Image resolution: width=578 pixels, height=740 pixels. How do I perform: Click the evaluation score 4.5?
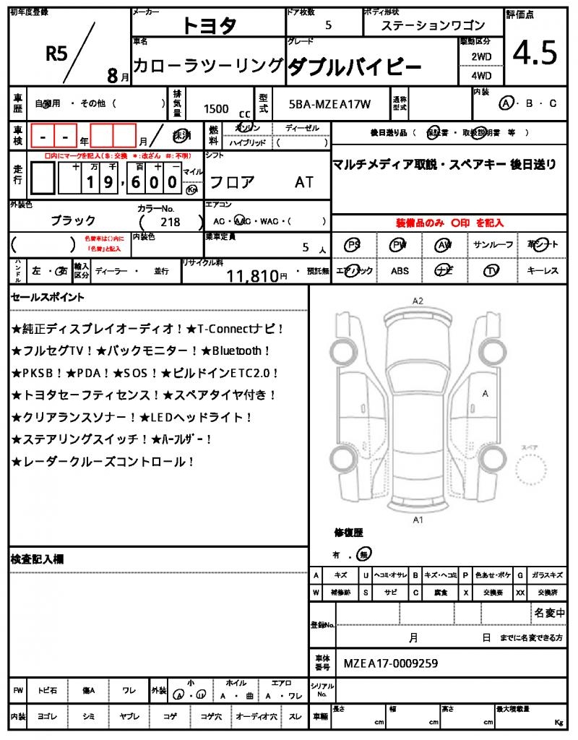point(535,52)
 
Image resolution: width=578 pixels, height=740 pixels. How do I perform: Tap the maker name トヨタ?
point(209,25)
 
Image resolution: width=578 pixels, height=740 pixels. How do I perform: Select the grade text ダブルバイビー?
point(354,67)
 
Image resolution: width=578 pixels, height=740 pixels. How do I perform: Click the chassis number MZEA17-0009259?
point(390,663)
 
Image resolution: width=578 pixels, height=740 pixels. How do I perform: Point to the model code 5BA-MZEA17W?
point(329,104)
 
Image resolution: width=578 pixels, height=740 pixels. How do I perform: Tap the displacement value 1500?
point(216,108)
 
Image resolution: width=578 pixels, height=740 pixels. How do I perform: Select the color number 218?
point(171,222)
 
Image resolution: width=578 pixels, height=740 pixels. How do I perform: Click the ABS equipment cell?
point(400,271)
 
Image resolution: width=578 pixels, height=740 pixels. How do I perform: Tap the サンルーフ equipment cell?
point(493,245)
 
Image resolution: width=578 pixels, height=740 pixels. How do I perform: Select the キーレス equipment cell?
point(543,271)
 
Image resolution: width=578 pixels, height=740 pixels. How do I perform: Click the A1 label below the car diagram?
point(417,520)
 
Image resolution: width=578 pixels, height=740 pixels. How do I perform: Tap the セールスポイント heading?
point(48,296)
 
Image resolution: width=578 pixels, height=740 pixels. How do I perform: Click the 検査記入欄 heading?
point(37,559)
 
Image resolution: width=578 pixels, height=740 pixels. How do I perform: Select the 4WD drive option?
point(481,75)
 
